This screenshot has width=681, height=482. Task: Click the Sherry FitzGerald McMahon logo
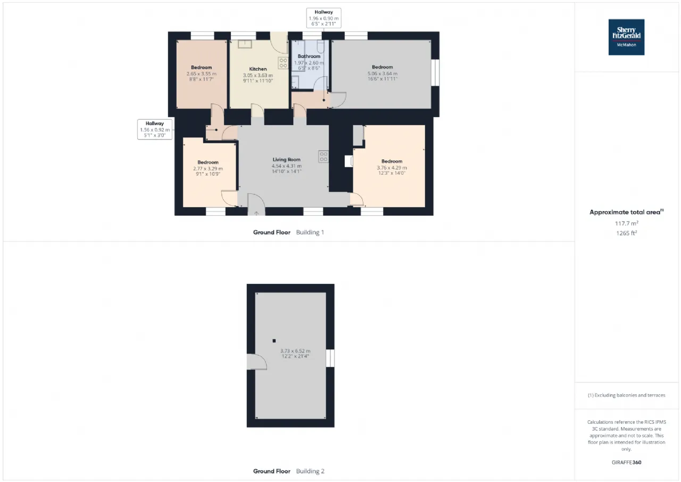(626, 37)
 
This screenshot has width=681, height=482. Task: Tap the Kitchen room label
(258, 69)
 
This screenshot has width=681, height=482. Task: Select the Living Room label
(286, 159)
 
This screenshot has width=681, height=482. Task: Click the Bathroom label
(309, 56)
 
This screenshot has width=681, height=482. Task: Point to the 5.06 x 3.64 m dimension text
(383, 73)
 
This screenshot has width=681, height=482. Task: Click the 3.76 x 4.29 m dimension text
(392, 168)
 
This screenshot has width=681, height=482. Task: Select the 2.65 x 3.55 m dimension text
(201, 74)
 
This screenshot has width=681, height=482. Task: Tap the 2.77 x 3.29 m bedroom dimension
(208, 169)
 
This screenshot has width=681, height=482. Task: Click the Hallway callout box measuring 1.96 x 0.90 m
(323, 18)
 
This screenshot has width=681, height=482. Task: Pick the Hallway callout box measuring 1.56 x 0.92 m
(155, 129)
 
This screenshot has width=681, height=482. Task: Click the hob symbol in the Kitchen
(283, 63)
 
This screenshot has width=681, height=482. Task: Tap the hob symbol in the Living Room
(323, 157)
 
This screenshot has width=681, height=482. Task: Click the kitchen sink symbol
(245, 44)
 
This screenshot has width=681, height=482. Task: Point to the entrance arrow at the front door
(256, 214)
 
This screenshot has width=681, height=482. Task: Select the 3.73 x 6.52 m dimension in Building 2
(295, 351)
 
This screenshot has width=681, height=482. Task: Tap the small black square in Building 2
(274, 341)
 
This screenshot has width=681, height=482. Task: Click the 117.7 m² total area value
(626, 223)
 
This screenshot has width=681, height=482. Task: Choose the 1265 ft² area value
(626, 233)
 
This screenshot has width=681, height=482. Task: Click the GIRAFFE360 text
(626, 462)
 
